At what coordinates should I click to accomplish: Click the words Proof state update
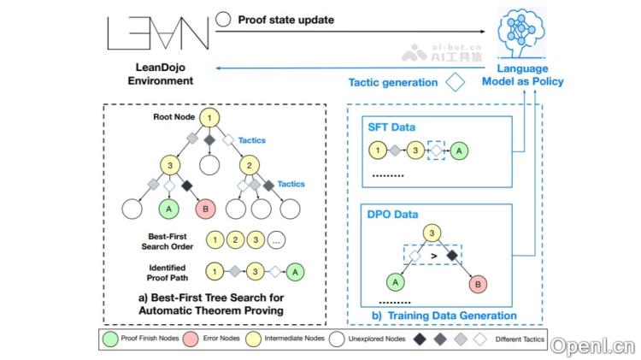pyautogui.click(x=286, y=18)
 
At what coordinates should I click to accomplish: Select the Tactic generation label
pyautogui.click(x=393, y=83)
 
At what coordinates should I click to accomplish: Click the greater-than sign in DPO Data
pyautogui.click(x=433, y=255)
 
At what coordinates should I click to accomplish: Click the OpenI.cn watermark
pyautogui.click(x=592, y=345)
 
